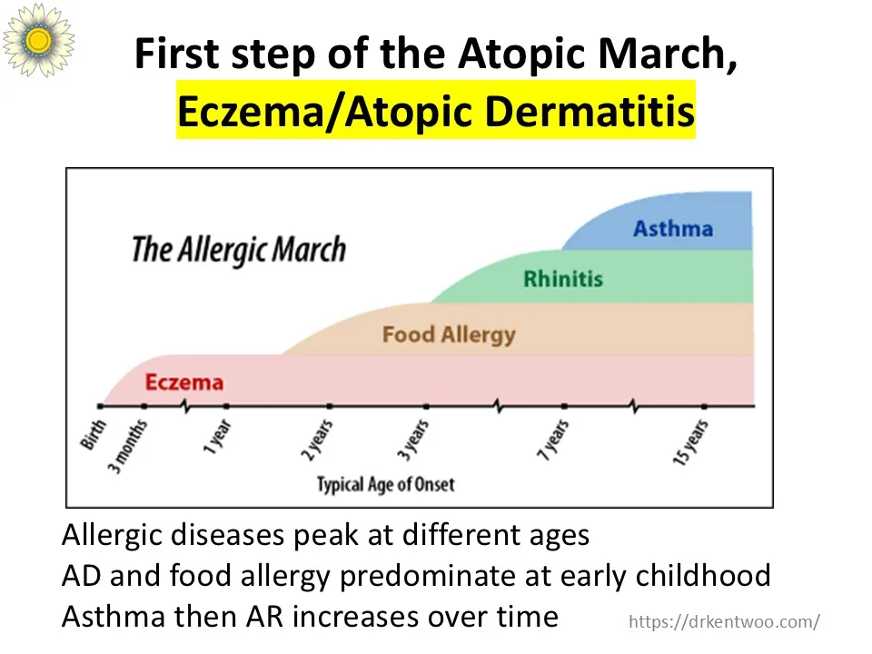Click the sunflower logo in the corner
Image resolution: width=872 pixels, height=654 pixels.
38,39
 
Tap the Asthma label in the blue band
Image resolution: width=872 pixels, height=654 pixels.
673,229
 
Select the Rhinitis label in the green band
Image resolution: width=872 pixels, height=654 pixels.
563,279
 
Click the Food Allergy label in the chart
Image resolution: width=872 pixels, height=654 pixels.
449,335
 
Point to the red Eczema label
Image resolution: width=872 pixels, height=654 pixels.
184,382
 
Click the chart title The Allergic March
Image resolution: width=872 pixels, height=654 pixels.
239,250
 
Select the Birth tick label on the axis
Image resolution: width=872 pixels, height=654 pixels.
93,434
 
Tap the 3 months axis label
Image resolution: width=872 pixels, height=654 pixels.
127,447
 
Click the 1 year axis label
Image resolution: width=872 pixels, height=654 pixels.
217,437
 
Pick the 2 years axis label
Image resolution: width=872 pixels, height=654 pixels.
317,441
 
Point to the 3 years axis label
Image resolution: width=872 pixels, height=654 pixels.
413,441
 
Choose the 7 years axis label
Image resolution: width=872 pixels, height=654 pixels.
553,441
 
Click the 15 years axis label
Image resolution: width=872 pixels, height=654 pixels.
690,442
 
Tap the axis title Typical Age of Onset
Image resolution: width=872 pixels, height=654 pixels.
386,484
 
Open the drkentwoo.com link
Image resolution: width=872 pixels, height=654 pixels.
724,621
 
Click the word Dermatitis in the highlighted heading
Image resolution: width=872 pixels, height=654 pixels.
590,111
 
